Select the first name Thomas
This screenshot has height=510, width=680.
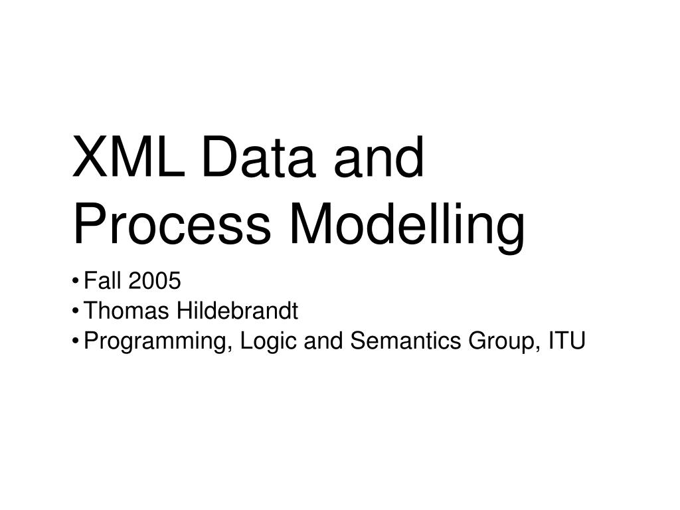(127, 311)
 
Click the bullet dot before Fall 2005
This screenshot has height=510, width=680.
(78, 282)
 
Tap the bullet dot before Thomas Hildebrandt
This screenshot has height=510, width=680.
(78, 311)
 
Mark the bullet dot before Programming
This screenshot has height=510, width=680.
(78, 341)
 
